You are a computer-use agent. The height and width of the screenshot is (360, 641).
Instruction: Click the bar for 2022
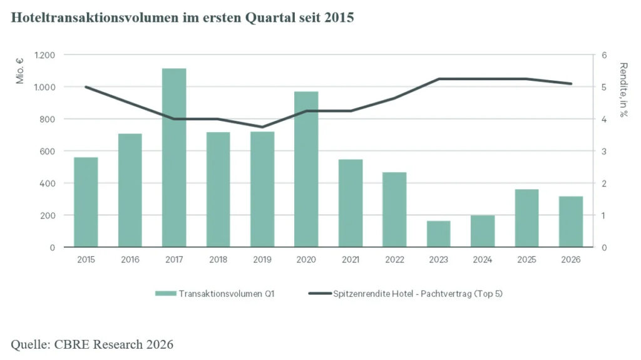[394, 209]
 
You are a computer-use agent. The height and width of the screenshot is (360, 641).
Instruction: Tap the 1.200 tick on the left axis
[44, 55]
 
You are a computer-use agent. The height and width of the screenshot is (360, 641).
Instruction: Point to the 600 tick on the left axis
[48, 152]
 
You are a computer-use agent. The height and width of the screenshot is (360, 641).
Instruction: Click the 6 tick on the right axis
[604, 55]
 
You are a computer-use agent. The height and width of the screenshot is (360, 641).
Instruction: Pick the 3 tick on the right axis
[604, 152]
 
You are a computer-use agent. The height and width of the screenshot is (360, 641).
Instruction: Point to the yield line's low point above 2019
[262, 127]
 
